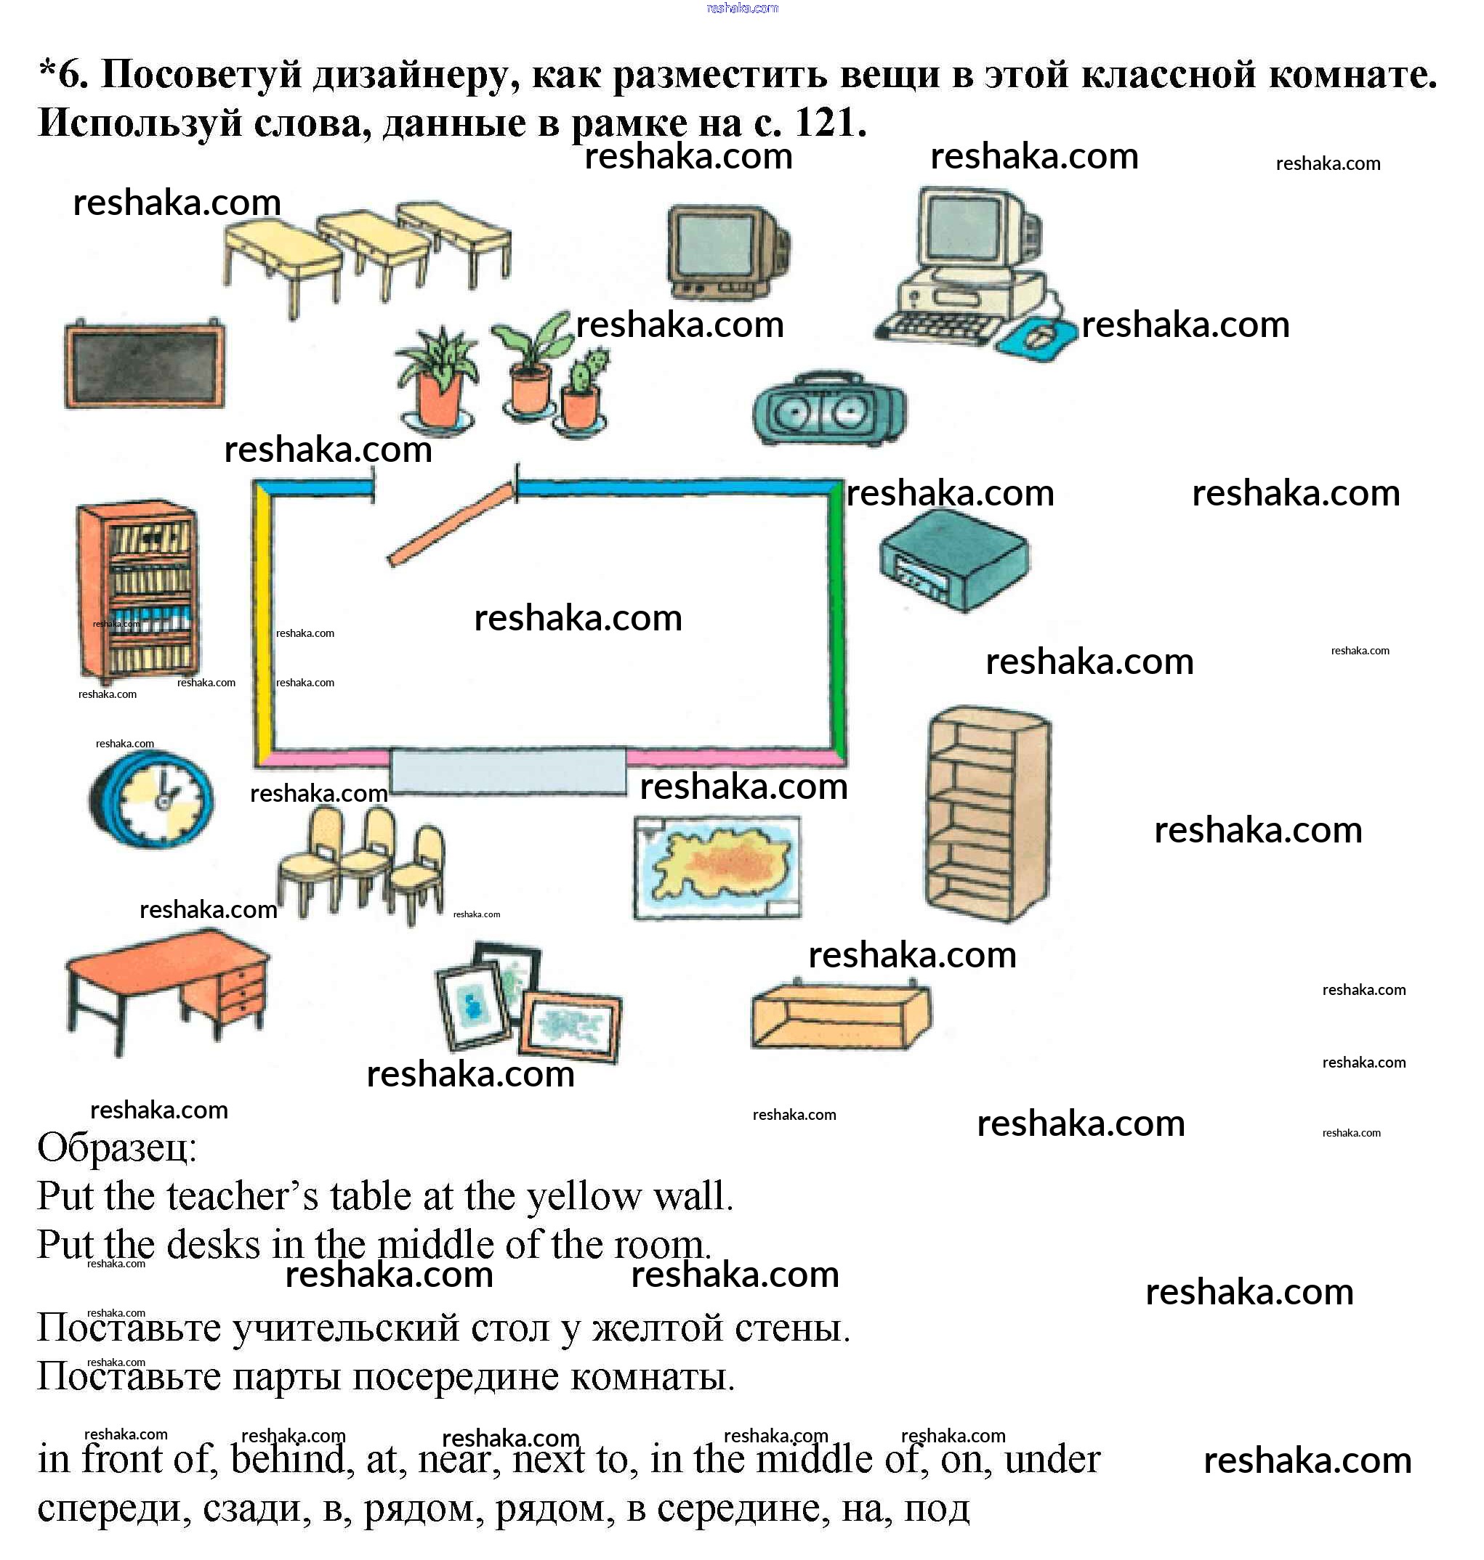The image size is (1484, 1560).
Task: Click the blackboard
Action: pyautogui.click(x=145, y=364)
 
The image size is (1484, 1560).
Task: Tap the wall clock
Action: pyautogui.click(x=150, y=800)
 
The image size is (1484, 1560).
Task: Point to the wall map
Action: pyautogui.click(x=717, y=867)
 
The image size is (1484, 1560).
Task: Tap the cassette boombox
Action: pyautogui.click(x=830, y=407)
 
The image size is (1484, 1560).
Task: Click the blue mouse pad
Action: pyautogui.click(x=1037, y=337)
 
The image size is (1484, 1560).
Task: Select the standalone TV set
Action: pyautogui.click(x=727, y=251)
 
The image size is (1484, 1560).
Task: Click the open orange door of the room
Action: pyautogui.click(x=451, y=524)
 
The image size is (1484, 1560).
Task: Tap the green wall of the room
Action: pyautogui.click(x=837, y=621)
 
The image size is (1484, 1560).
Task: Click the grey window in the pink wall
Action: pyautogui.click(x=508, y=771)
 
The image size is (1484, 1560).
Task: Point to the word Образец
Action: pyautogui.click(x=116, y=1147)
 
